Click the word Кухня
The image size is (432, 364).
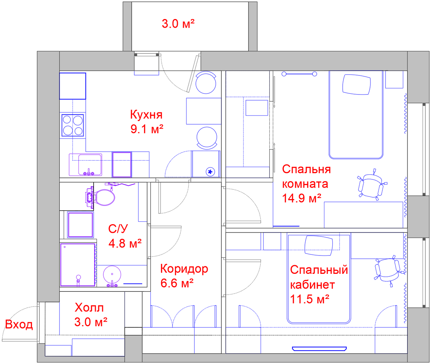[x=146, y=115]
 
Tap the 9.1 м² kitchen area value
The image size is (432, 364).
[x=147, y=129]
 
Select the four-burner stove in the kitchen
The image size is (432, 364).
[x=73, y=125]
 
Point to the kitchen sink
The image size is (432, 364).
[x=85, y=165]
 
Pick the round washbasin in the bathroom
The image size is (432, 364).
[x=112, y=275]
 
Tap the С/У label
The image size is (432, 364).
[x=118, y=229]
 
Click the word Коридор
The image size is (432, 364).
[x=184, y=269]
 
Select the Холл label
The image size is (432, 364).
[x=89, y=308]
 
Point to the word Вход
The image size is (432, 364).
[x=19, y=324]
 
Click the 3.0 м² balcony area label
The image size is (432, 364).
[x=178, y=24]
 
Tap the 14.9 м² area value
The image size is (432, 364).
[x=302, y=198]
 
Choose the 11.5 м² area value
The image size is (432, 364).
[x=310, y=299]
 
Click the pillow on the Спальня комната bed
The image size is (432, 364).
[x=356, y=84]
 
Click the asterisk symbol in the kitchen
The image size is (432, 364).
[x=210, y=172]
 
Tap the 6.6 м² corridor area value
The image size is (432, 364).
[x=177, y=283]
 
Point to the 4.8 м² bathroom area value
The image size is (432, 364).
[x=125, y=243]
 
